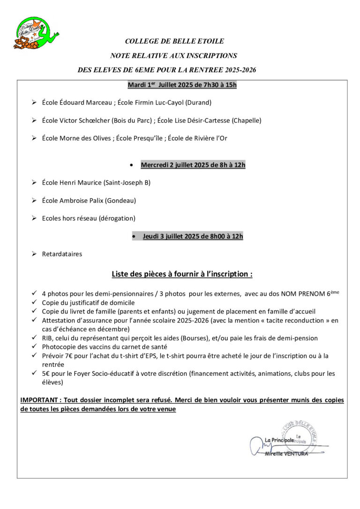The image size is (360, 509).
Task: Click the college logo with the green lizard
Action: [x=35, y=33]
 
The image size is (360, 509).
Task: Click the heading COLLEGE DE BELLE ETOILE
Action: [x=174, y=41]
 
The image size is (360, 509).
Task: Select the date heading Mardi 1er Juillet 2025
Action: [x=182, y=85]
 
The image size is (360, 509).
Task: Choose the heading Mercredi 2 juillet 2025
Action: [x=193, y=165]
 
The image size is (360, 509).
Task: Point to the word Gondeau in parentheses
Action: [x=120, y=201]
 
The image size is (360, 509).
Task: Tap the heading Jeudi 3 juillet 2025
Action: [x=193, y=236]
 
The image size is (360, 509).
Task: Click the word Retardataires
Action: [x=62, y=254]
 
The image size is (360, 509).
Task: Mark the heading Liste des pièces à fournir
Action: [x=182, y=274]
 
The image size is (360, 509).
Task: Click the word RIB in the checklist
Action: [x=47, y=338]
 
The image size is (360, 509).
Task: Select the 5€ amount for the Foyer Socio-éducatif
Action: [x=45, y=374]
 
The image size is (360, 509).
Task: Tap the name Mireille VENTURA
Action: [x=286, y=454]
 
